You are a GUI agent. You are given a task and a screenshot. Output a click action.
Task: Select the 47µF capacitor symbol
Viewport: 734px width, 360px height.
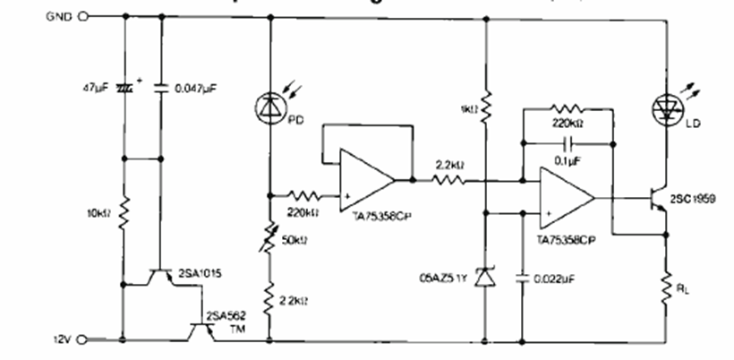(123, 89)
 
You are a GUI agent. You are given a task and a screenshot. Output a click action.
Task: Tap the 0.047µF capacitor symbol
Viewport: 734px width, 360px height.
(161, 89)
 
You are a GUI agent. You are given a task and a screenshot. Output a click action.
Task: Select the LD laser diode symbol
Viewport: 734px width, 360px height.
(666, 107)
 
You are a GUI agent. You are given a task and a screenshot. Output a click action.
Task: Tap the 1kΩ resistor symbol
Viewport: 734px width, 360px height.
(485, 107)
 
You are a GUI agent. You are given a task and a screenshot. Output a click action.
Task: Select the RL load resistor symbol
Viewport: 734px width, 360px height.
(666, 287)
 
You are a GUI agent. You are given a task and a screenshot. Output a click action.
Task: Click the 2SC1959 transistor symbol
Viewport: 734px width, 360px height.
(657, 198)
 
